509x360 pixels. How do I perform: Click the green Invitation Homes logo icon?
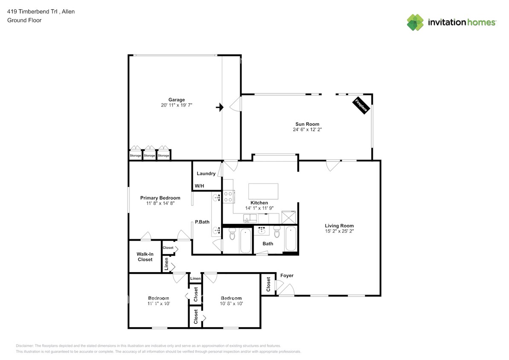tap(415, 22)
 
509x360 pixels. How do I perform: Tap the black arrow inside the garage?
tap(220, 107)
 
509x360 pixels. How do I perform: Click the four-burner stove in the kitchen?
tap(228, 196)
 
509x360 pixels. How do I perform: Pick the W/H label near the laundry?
tap(199, 186)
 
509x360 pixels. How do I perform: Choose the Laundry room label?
tap(206, 174)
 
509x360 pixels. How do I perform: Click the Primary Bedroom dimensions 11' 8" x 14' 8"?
tap(160, 203)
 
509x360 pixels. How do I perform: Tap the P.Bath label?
tap(202, 222)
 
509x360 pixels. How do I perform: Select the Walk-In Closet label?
tap(145, 256)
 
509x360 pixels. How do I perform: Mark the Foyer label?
tap(287, 276)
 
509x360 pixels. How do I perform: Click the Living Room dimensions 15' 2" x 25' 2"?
tap(339, 231)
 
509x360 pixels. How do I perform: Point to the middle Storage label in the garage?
tap(149, 156)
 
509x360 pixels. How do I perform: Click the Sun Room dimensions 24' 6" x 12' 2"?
tap(307, 130)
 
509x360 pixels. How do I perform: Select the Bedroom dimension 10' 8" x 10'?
tap(231, 304)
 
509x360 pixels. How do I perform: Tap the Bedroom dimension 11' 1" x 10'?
tap(159, 304)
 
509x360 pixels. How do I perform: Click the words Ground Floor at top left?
tap(24, 20)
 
